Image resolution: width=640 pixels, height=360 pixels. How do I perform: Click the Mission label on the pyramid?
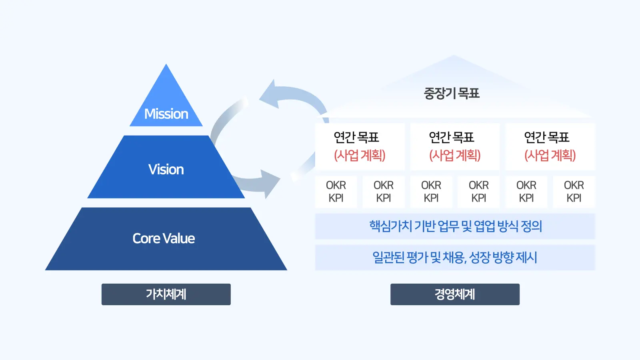click(x=166, y=114)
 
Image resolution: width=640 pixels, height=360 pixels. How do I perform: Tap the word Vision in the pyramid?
click(x=166, y=170)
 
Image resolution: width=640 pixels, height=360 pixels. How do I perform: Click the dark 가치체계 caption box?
click(x=166, y=294)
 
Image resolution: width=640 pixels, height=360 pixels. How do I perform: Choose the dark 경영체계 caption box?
click(x=455, y=294)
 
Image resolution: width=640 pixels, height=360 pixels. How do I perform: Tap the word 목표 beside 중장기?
click(x=469, y=94)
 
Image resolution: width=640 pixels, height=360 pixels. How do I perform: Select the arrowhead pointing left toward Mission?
click(x=269, y=95)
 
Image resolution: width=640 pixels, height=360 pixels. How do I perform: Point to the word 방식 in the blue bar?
click(x=507, y=226)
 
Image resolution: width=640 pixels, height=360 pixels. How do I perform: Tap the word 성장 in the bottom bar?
click(x=480, y=258)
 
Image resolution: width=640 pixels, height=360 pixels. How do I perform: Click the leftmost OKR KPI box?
click(x=336, y=192)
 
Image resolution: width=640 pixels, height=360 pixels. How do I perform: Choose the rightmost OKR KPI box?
click(x=574, y=192)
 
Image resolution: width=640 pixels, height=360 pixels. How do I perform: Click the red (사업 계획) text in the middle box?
click(x=455, y=155)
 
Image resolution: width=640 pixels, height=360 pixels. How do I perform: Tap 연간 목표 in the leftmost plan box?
click(x=356, y=138)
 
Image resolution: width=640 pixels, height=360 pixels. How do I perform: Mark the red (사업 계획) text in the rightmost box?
click(x=550, y=155)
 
